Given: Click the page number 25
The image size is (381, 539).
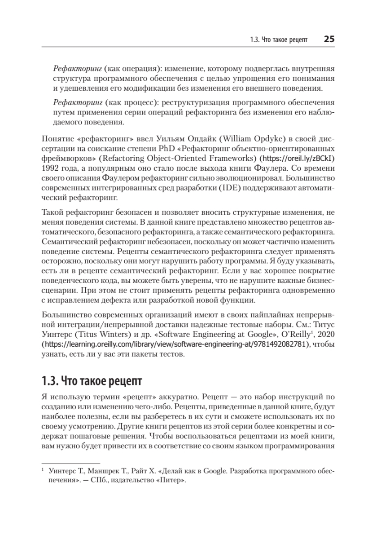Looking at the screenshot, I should pyautogui.click(x=328, y=40).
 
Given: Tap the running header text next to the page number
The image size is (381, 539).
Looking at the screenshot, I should pyautogui.click(x=279, y=40).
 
